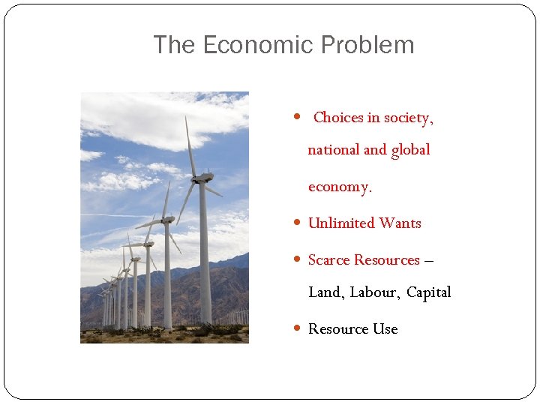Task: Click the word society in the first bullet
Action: [x=407, y=118]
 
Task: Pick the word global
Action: [x=410, y=150]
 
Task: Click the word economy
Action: [x=339, y=187]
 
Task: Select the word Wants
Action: [x=400, y=223]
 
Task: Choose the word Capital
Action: [x=429, y=292]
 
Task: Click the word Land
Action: [x=325, y=292]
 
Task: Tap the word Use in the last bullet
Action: [x=385, y=328]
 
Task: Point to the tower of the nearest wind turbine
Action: [x=204, y=262]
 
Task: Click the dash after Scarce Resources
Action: [x=428, y=260]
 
